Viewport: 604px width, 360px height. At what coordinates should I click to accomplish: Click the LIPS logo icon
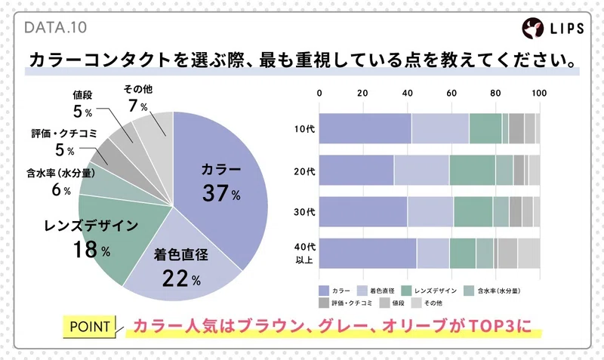[x=532, y=28]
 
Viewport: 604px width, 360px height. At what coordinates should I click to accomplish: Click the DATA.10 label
[x=56, y=28]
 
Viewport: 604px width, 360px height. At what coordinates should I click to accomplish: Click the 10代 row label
[x=305, y=129]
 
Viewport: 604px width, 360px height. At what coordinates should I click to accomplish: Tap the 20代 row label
[x=305, y=171]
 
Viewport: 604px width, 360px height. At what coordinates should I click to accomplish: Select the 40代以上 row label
[x=305, y=252]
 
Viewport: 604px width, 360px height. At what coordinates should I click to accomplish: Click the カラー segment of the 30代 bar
[x=363, y=211]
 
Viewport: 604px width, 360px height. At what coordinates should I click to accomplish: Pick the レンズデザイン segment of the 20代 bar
[x=472, y=171]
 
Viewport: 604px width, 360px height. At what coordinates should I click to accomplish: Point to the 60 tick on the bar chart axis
[x=451, y=94]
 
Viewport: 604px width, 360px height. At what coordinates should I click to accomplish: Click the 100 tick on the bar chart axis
[x=539, y=94]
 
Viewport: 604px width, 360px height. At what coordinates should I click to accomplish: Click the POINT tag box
[x=91, y=328]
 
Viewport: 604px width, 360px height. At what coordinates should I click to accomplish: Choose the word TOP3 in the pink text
[x=498, y=328]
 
